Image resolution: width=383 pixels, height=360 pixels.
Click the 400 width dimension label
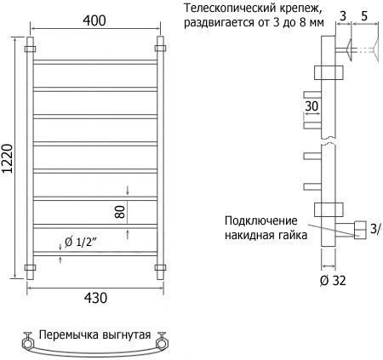94,20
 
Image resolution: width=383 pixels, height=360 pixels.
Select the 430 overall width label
95,298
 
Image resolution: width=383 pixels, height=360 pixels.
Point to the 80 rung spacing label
120,212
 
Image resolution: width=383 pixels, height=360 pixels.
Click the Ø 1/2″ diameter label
81,242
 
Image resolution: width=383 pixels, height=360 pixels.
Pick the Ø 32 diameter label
333,281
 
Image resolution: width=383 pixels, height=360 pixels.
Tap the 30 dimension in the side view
312,106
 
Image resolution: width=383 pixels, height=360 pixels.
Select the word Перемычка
69,334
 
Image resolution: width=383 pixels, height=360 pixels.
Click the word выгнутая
127,334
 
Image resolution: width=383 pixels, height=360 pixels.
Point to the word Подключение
261,220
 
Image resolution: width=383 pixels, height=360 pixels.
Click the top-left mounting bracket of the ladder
30,49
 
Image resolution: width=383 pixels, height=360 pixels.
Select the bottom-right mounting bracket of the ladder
160,267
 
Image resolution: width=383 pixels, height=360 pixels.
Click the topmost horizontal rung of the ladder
95,62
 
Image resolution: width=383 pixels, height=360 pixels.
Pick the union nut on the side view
360,230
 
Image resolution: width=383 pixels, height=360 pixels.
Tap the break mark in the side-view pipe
329,140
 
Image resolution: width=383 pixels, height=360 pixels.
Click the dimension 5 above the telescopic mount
364,16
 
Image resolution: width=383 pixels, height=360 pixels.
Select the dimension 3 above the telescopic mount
343,16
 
